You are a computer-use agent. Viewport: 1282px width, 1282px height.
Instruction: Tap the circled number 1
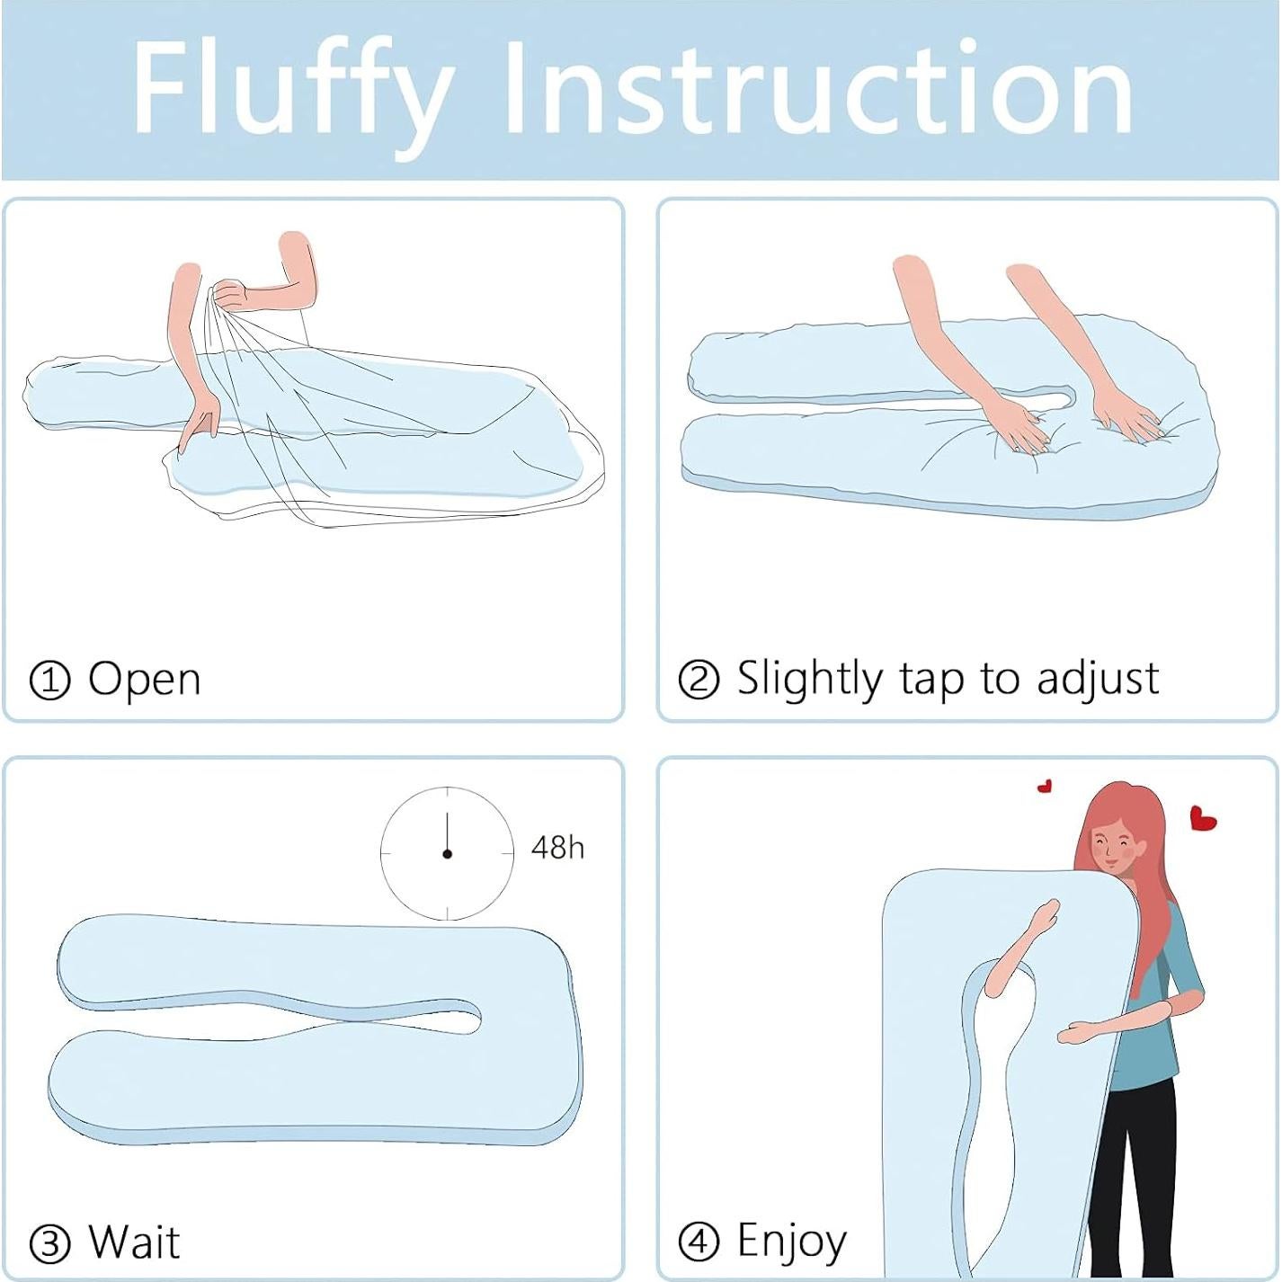click(49, 681)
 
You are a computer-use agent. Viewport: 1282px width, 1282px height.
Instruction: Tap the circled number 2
click(699, 680)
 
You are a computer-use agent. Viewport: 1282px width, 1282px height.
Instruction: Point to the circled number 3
click(49, 1244)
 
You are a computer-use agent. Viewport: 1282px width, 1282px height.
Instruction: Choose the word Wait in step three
click(134, 1242)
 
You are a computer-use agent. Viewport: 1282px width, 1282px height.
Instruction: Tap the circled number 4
click(699, 1242)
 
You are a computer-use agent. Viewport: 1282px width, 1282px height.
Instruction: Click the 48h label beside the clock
click(557, 848)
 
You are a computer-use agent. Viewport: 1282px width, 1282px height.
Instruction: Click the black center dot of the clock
click(447, 853)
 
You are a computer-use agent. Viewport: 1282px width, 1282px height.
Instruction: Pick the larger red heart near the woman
click(1202, 818)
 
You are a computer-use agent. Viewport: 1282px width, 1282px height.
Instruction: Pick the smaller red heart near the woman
click(1045, 787)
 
